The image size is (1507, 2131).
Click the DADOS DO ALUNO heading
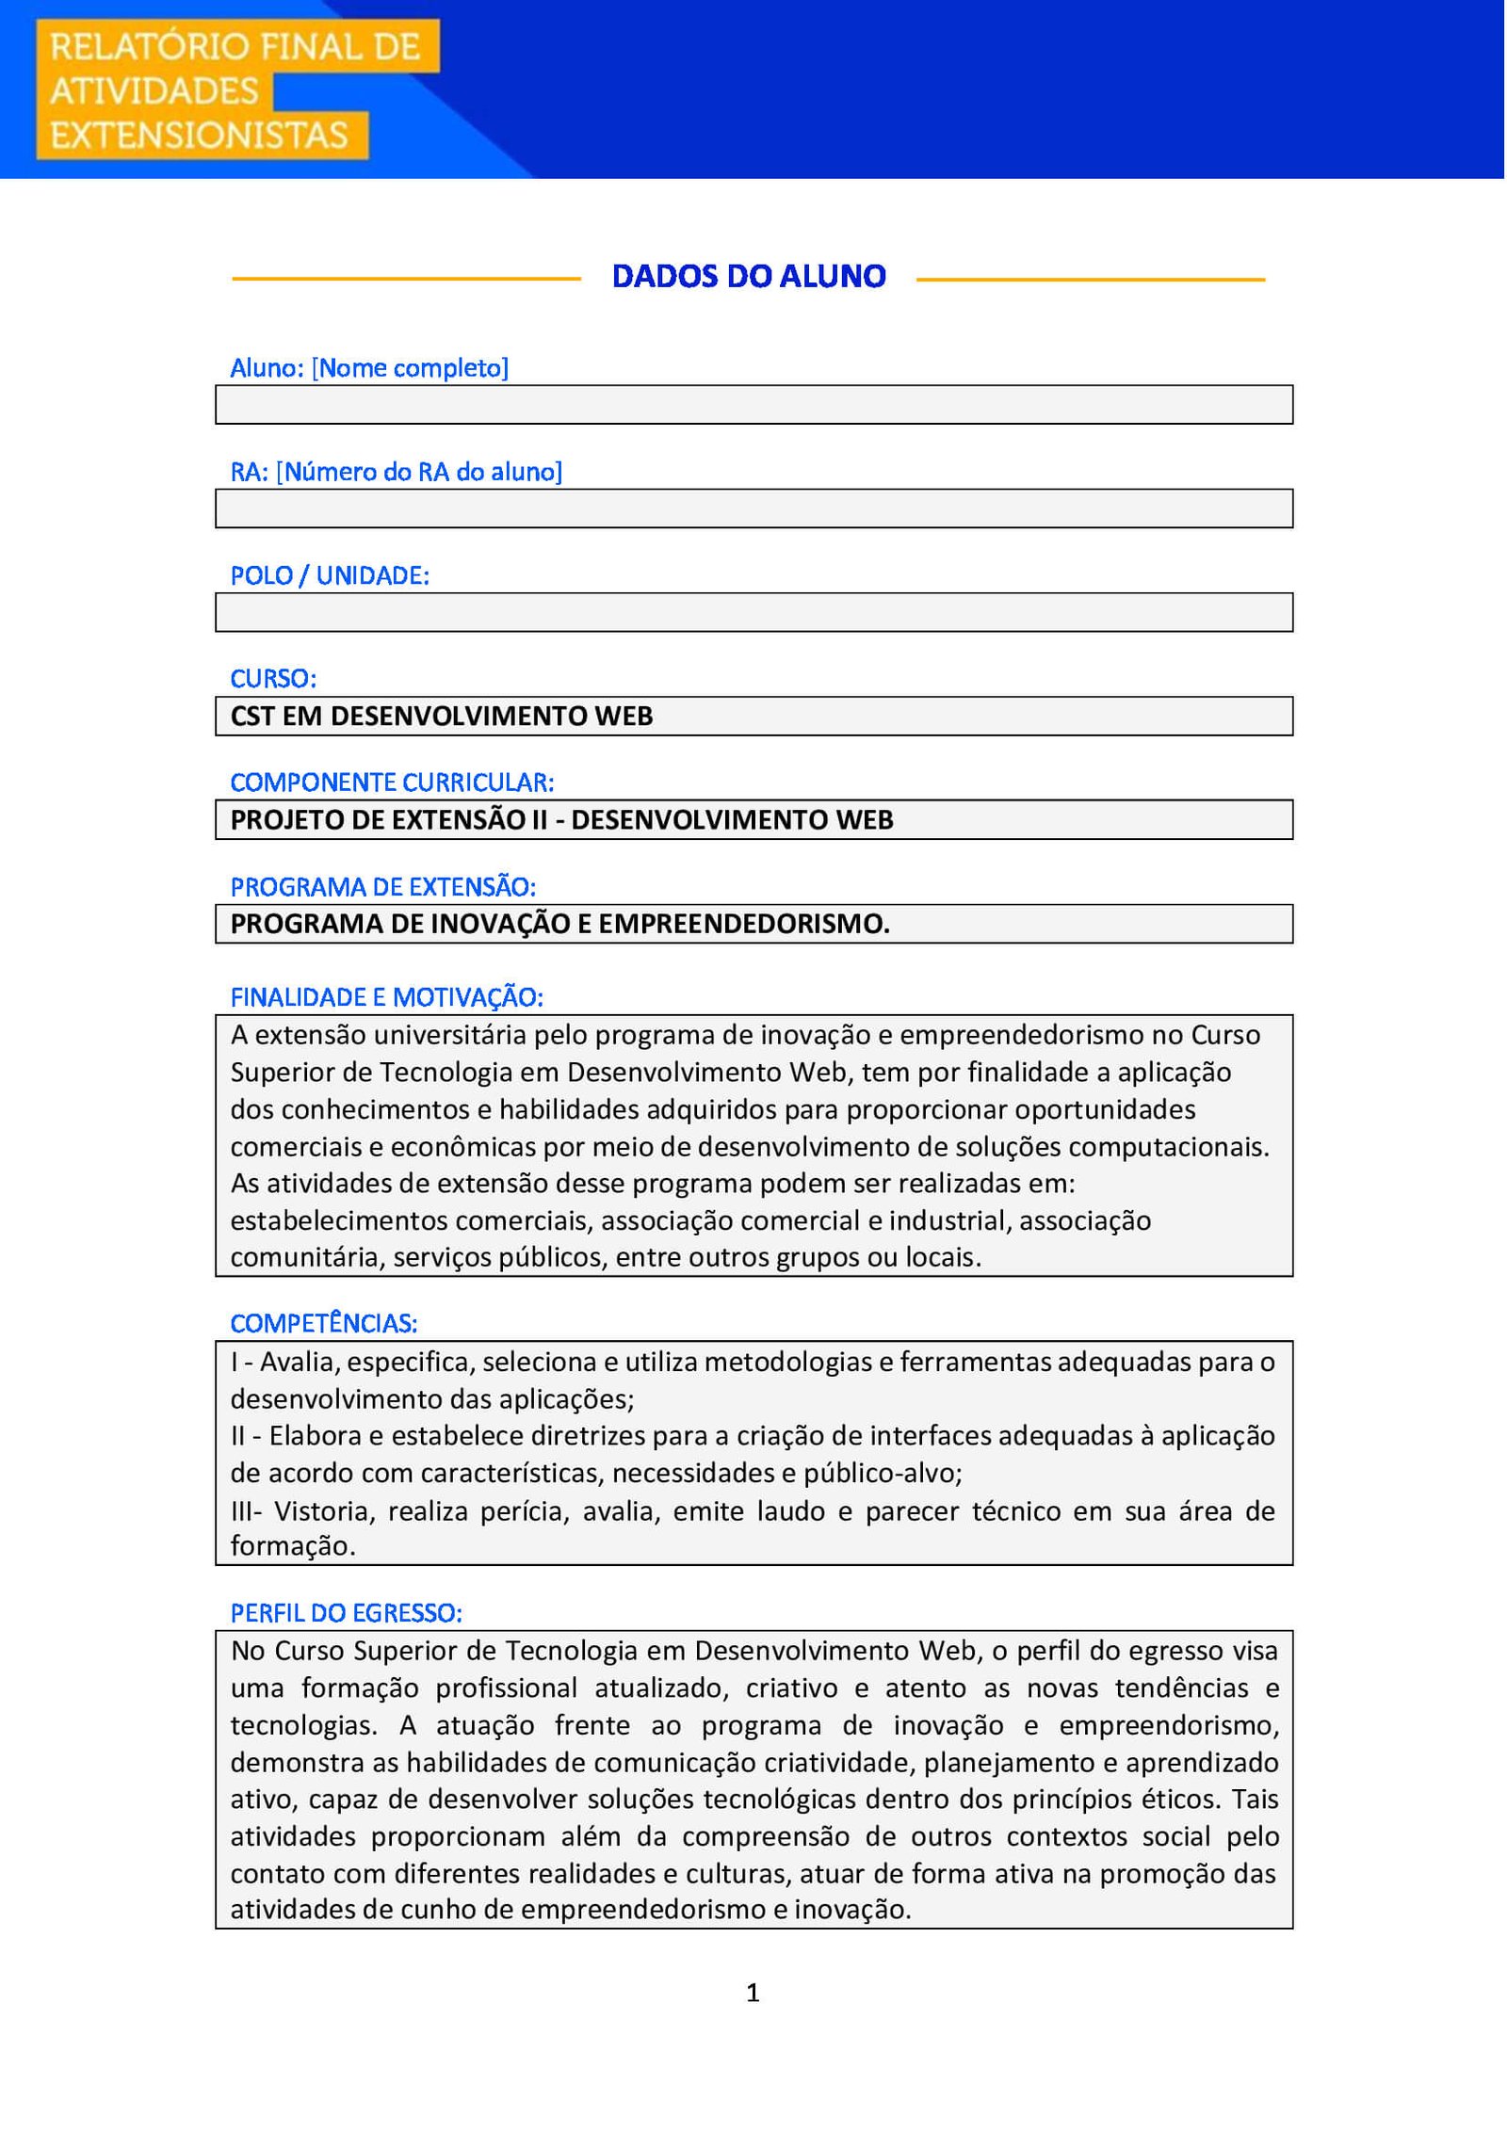[x=749, y=276]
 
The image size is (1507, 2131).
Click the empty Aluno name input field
[x=753, y=405]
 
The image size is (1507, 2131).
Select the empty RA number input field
[x=753, y=509]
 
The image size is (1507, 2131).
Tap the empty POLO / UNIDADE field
[x=753, y=612]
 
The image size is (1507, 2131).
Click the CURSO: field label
[x=273, y=678]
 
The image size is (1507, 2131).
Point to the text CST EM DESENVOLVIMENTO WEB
[x=442, y=717]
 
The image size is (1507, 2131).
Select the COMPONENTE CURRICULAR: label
[x=392, y=783]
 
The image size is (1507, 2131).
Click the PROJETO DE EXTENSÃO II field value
[x=561, y=820]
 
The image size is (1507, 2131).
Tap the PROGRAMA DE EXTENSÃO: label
[x=382, y=887]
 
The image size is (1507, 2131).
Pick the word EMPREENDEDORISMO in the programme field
[x=743, y=924]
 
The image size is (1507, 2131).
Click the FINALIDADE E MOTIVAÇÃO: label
[x=386, y=997]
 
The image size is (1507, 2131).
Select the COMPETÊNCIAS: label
[x=323, y=1323]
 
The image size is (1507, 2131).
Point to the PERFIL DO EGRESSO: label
[x=346, y=1613]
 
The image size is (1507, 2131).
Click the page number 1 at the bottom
[x=753, y=1993]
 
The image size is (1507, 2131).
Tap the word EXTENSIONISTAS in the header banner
[x=199, y=136]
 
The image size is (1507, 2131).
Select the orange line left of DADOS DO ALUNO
[x=406, y=279]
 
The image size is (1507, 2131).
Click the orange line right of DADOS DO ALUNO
[x=1090, y=279]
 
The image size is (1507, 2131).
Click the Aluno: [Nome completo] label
[x=369, y=368]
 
